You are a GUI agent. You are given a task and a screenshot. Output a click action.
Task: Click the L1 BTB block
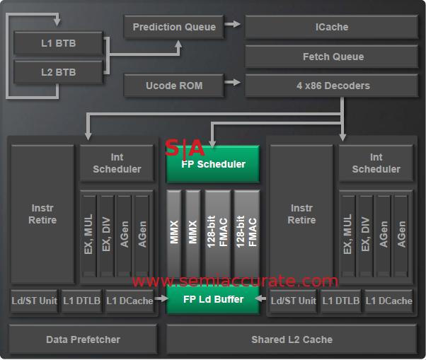[x=57, y=44]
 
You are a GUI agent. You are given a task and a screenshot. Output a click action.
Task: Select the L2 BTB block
[x=57, y=72]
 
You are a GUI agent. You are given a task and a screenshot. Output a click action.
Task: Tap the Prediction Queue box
[x=173, y=28]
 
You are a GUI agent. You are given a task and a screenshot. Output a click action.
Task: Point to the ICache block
[x=331, y=28]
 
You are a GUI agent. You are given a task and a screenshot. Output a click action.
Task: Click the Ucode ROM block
[x=173, y=86]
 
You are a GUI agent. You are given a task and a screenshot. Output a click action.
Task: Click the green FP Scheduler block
[x=213, y=165]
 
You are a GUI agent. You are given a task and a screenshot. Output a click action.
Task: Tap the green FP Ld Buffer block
[x=213, y=299]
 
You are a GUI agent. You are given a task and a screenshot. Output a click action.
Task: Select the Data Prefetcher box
[x=83, y=339]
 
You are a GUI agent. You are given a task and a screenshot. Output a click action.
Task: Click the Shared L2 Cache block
[x=292, y=339]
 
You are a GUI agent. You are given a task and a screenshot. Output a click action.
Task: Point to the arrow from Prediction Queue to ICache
[x=233, y=27]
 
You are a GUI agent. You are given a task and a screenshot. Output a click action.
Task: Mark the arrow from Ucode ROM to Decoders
[x=233, y=86]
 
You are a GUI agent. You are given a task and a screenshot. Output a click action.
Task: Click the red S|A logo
[x=185, y=148]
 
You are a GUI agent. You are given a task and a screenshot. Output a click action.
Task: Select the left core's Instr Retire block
[x=43, y=214]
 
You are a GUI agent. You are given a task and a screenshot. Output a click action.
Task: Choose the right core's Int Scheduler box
[x=376, y=163]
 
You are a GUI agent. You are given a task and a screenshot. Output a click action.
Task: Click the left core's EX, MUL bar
[x=88, y=236]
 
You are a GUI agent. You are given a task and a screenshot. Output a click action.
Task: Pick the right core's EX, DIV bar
[x=366, y=236]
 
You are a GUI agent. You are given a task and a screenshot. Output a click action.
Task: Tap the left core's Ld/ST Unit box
[x=34, y=301]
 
